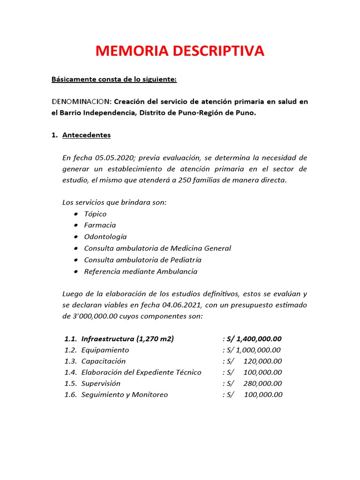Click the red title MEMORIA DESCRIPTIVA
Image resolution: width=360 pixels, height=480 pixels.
(x=180, y=51)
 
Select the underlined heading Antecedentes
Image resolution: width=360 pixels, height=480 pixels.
(x=86, y=135)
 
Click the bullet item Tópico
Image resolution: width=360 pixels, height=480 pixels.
(x=95, y=214)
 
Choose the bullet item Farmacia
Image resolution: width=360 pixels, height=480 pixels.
(x=100, y=225)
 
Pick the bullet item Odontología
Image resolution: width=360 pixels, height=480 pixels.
(x=105, y=237)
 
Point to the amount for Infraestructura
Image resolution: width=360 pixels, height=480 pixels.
(x=258, y=339)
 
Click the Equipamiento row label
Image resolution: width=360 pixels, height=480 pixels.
(x=105, y=350)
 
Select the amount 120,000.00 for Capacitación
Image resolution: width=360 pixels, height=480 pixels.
(x=262, y=361)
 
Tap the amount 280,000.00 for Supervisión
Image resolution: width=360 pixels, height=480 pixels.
(x=262, y=383)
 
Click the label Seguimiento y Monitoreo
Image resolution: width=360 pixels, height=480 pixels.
(x=124, y=395)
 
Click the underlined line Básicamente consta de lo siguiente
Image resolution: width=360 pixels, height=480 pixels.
(x=114, y=79)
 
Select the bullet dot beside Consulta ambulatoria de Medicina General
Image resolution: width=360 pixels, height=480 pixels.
(x=76, y=248)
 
